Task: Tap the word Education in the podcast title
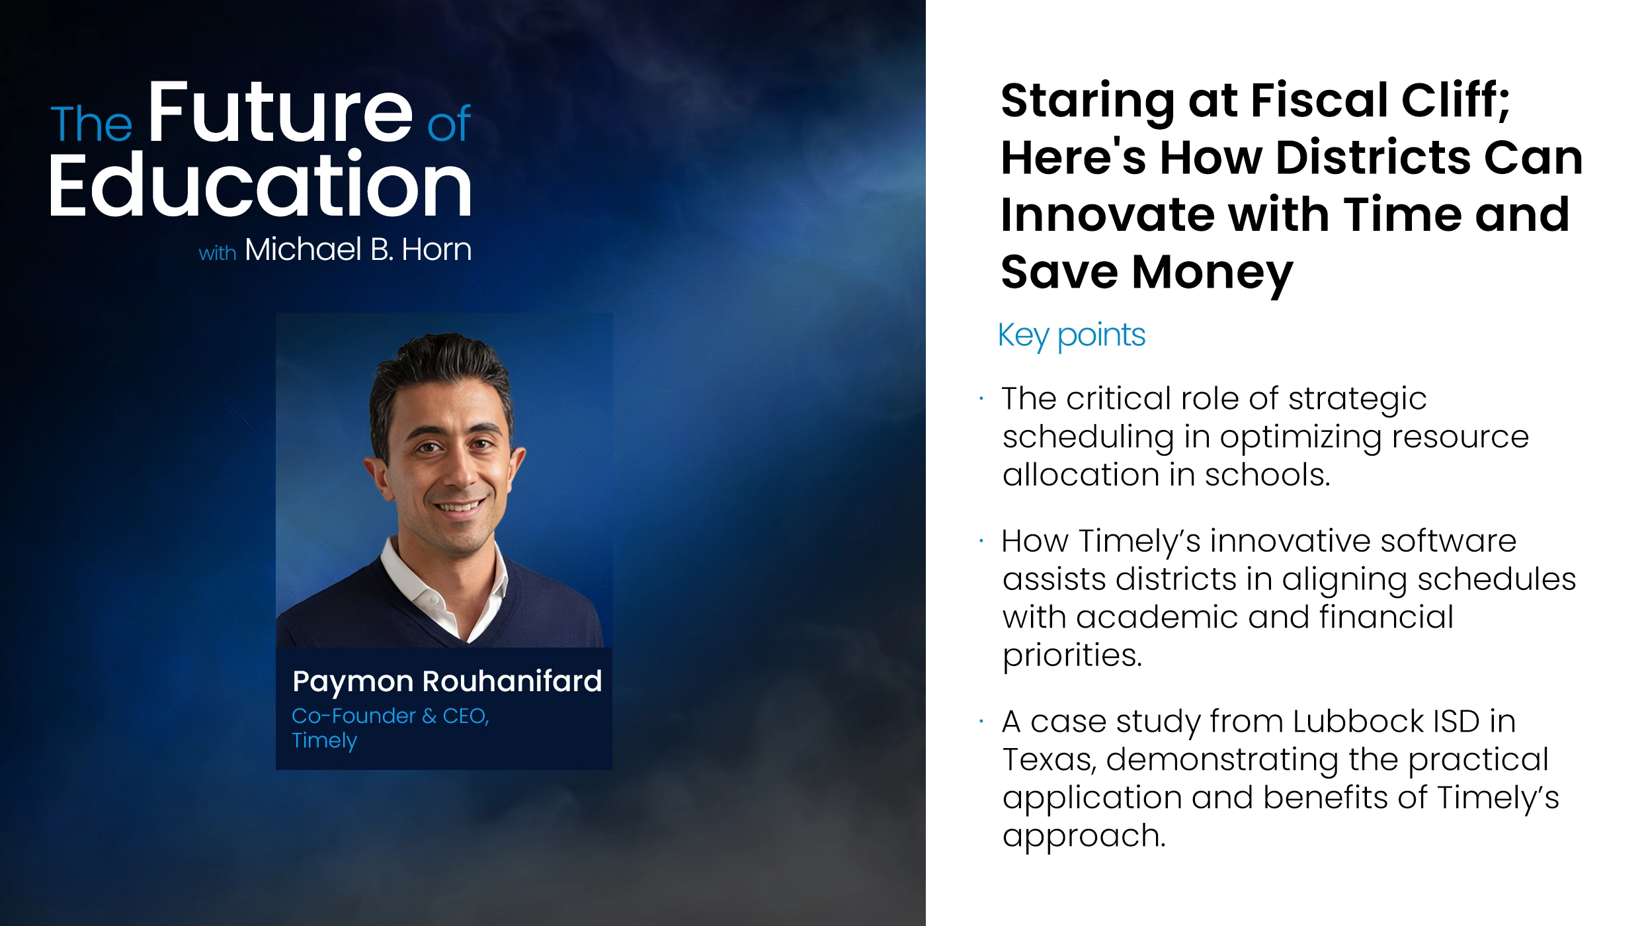point(260,185)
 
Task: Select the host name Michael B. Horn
point(358,250)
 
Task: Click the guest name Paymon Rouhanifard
point(447,681)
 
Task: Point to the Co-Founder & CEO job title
point(390,716)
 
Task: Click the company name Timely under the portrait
point(324,740)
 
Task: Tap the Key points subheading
point(1071,335)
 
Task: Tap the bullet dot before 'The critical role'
point(981,399)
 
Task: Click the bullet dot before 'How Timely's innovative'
point(981,541)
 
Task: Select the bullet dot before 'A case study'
point(981,722)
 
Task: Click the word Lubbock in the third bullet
point(1358,722)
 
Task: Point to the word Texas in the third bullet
point(1048,760)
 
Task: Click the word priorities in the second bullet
point(1071,655)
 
